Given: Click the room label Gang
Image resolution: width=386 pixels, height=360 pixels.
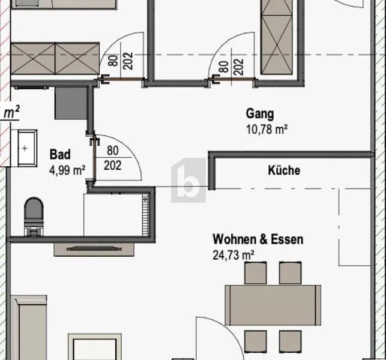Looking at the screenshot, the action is [x=260, y=114].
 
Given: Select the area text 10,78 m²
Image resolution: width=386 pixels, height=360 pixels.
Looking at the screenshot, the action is [x=267, y=129].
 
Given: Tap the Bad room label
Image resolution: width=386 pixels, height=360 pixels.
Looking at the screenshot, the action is [x=60, y=155].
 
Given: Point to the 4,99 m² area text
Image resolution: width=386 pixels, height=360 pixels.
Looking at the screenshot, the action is [x=67, y=170].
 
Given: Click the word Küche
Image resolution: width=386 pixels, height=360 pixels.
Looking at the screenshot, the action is [x=284, y=170].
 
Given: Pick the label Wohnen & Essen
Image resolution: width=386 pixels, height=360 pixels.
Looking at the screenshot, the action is [x=258, y=239].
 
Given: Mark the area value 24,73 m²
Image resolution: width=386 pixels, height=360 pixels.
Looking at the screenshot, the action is [x=234, y=255].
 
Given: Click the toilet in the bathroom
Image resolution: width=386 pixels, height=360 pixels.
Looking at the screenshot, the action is [x=34, y=217].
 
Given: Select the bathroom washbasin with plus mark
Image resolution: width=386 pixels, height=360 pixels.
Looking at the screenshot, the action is [x=25, y=148].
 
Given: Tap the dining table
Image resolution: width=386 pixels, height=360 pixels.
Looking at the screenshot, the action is [x=273, y=305].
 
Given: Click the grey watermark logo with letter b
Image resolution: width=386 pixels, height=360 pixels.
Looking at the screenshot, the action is [x=188, y=181].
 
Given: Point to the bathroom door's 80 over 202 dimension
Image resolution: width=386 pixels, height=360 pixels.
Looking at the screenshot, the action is [x=113, y=158].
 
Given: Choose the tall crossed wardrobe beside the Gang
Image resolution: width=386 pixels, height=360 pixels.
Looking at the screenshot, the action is [x=277, y=37].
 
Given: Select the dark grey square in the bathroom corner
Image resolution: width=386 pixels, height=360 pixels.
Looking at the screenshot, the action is [x=71, y=103].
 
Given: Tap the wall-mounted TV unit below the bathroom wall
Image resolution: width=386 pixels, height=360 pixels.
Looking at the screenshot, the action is [x=94, y=249].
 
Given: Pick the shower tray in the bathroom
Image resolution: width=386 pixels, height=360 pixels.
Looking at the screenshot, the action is [x=116, y=215].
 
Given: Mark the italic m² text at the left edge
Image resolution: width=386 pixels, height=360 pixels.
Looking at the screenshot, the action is [x=11, y=112].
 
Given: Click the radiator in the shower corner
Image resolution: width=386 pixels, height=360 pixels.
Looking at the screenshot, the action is [x=145, y=215].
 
